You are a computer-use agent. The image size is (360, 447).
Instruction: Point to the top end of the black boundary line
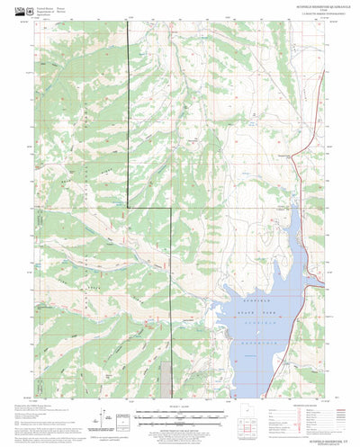click(126, 25)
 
